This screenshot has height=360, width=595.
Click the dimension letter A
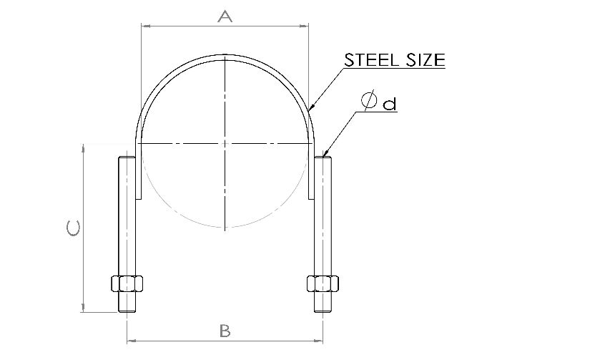click(x=225, y=16)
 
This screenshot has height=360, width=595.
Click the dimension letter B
click(x=225, y=331)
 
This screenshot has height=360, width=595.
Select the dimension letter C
click(x=73, y=228)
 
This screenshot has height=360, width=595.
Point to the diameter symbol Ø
click(x=369, y=100)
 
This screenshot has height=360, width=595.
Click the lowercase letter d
click(x=389, y=104)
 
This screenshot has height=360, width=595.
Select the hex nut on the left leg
click(x=127, y=283)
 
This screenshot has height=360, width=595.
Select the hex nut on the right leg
click(x=323, y=283)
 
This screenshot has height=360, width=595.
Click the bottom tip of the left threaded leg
click(x=127, y=312)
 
